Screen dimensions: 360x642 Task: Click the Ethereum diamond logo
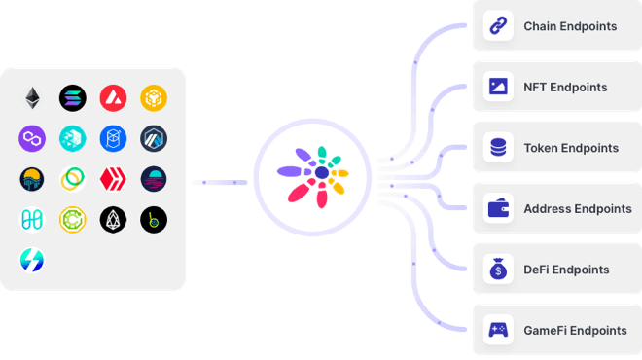click(33, 97)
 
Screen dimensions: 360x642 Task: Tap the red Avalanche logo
click(113, 97)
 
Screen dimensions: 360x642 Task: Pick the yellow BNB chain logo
click(153, 97)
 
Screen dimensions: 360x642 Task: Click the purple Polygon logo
click(33, 138)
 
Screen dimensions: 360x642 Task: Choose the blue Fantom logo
click(113, 138)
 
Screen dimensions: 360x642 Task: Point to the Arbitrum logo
click(153, 138)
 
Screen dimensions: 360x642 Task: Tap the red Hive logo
click(113, 179)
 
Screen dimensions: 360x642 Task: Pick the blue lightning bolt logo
click(33, 260)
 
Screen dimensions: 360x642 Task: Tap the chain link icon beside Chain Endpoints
click(498, 26)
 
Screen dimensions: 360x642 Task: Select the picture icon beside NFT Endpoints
click(498, 87)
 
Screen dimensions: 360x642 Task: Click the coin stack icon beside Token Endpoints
click(498, 148)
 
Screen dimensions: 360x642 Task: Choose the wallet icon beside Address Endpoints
click(498, 208)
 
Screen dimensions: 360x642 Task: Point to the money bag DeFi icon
click(498, 270)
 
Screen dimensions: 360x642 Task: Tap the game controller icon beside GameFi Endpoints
click(498, 330)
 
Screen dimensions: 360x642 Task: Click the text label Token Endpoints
click(571, 148)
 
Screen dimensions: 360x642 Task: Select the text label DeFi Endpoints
click(567, 270)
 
